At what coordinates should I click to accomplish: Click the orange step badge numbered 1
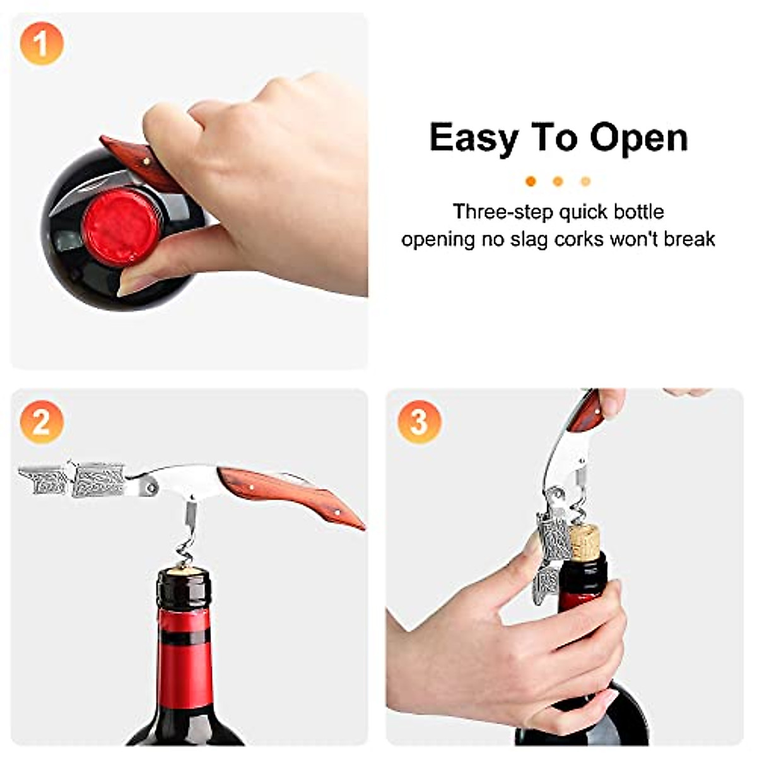[42, 44]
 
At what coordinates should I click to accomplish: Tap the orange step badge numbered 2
[42, 421]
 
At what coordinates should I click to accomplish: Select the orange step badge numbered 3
[420, 421]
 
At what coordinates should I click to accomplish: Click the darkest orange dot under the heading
[531, 182]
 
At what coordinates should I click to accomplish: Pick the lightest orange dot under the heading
[585, 182]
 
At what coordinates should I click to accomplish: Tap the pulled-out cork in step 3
[585, 541]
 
